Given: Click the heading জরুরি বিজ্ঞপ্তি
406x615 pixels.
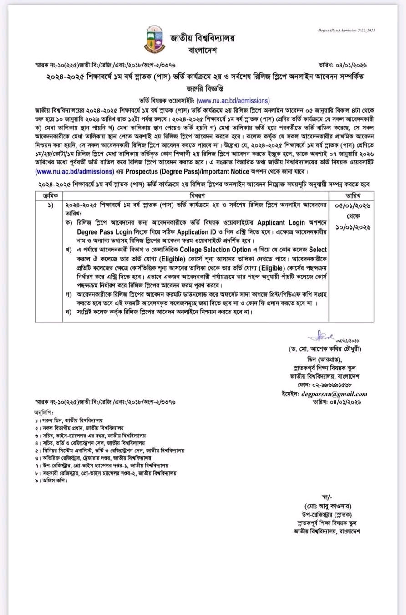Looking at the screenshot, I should point(203,88).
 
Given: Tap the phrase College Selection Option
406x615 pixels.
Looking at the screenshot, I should point(215,250).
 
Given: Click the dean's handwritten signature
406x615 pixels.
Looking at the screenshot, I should point(320,337).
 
